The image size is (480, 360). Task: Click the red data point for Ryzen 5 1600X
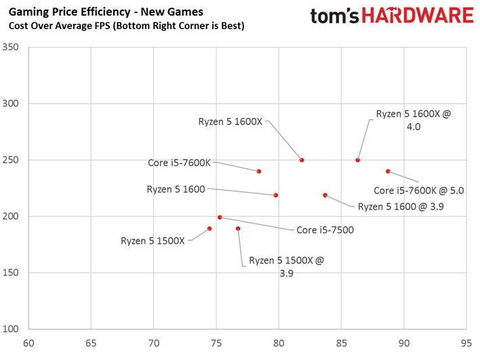pyautogui.click(x=302, y=160)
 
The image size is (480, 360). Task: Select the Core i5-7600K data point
pyautogui.click(x=259, y=172)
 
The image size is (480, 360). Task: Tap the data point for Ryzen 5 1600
pyautogui.click(x=276, y=195)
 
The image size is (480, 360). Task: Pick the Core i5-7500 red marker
pyautogui.click(x=220, y=218)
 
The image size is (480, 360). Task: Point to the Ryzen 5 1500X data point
pyautogui.click(x=209, y=228)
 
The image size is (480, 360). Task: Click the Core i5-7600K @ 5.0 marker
pyautogui.click(x=388, y=172)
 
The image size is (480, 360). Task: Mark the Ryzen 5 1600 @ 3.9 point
pyautogui.click(x=325, y=195)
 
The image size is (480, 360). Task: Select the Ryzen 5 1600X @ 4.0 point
pyautogui.click(x=357, y=160)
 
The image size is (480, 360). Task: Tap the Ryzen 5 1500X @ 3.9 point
pyautogui.click(x=238, y=228)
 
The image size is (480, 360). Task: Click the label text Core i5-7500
pyautogui.click(x=325, y=230)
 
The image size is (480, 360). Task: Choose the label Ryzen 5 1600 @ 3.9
pyautogui.click(x=401, y=207)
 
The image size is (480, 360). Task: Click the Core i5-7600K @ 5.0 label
pyautogui.click(x=419, y=191)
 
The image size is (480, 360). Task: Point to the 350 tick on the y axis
pyautogui.click(x=10, y=47)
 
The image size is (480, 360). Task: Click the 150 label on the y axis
pyautogui.click(x=10, y=273)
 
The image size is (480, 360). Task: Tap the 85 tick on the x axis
pyautogui.click(x=341, y=344)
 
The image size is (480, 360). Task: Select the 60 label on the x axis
pyautogui.click(x=28, y=344)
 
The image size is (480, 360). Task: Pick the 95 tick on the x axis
pyautogui.click(x=466, y=344)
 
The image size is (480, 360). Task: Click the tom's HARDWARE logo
pyautogui.click(x=392, y=16)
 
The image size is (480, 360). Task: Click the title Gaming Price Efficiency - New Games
pyautogui.click(x=106, y=12)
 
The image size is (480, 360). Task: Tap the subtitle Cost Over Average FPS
pyautogui.click(x=60, y=26)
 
